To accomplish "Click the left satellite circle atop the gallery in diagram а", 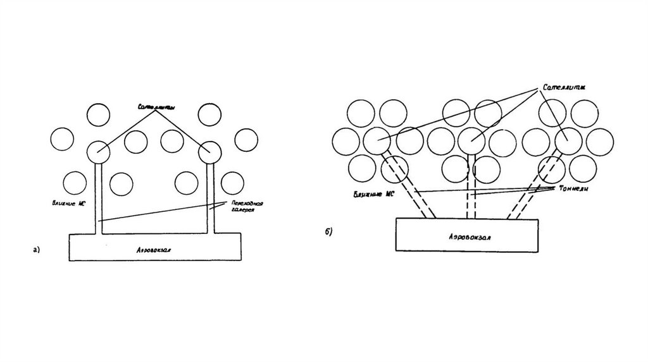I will tap(98, 151).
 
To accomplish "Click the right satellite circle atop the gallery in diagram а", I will tap(209, 151).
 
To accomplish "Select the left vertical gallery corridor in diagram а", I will tap(98, 196).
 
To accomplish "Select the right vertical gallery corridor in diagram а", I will tap(210, 196).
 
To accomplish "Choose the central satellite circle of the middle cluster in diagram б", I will tap(471, 140).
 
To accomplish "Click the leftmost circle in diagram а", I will tap(62, 140).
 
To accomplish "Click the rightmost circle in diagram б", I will tap(600, 140).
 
